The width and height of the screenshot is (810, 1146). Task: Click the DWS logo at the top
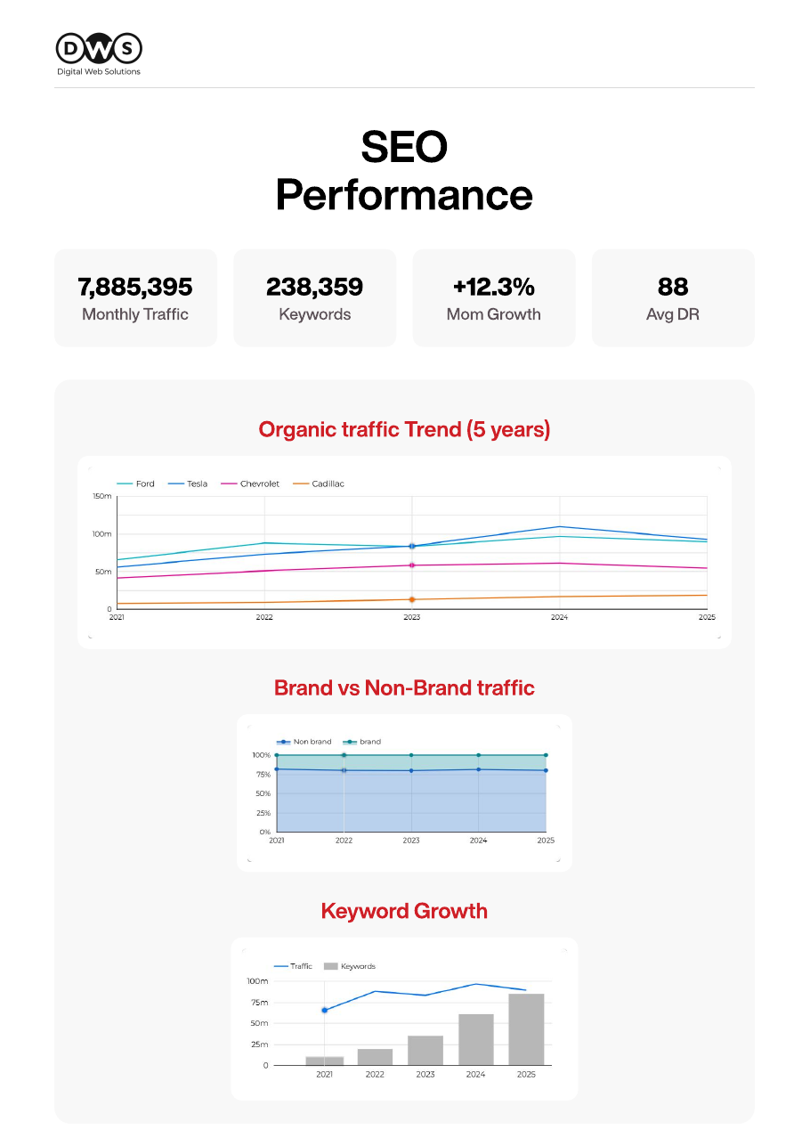tap(99, 54)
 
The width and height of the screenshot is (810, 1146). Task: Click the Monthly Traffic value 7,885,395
tap(135, 287)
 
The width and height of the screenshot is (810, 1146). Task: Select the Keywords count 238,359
tap(314, 287)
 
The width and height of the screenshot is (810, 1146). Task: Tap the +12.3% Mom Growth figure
tap(493, 287)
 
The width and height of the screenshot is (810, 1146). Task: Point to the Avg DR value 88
tap(672, 287)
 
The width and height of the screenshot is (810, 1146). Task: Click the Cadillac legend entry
tap(318, 484)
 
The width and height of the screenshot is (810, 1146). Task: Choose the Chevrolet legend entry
tap(250, 484)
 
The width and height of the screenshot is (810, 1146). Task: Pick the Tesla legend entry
tap(188, 484)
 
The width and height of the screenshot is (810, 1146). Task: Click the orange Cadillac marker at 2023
tap(411, 599)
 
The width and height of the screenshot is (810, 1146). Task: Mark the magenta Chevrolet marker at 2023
tap(411, 565)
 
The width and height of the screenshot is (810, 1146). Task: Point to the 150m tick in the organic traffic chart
tap(101, 496)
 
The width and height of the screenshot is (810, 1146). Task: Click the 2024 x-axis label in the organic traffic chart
tap(559, 617)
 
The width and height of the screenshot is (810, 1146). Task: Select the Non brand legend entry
tap(304, 742)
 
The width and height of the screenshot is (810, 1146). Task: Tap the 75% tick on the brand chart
tap(263, 775)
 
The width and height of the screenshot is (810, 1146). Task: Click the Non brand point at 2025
tap(546, 770)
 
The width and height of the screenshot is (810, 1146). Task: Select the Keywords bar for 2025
tap(526, 1029)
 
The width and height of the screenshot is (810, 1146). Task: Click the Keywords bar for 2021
tap(325, 1061)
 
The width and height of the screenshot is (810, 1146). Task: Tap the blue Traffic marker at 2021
tap(325, 1010)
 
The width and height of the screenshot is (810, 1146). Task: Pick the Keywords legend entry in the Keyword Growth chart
tap(350, 966)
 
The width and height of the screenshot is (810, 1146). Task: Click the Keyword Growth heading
tap(404, 911)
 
